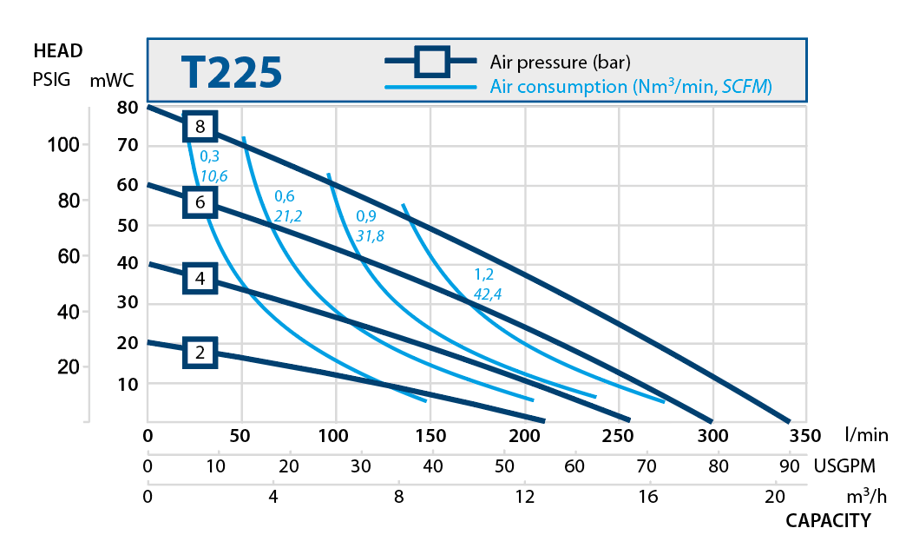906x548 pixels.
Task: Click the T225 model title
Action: pos(232,72)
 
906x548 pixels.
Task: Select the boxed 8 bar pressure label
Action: pos(200,127)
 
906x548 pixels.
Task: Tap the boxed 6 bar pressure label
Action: pos(200,203)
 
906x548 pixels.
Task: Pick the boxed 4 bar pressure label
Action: pos(200,280)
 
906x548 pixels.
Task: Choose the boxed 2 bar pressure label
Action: pos(200,353)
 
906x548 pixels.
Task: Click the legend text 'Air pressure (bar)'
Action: pos(560,63)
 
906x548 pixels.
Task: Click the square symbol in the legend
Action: pos(430,63)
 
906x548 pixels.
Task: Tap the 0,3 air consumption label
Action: pos(209,157)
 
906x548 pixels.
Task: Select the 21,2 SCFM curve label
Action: pos(287,215)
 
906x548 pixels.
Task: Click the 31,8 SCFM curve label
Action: pos(371,235)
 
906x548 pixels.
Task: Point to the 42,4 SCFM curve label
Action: pos(487,294)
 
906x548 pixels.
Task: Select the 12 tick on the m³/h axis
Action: pos(524,498)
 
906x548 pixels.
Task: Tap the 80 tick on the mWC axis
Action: pos(128,108)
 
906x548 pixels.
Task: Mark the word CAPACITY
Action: pos(827,521)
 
